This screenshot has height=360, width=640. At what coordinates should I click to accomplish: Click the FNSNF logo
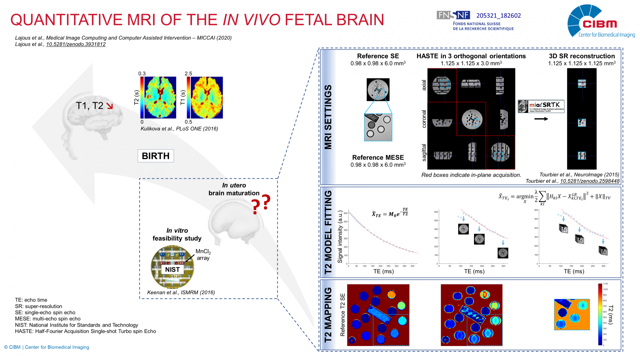[x=453, y=15]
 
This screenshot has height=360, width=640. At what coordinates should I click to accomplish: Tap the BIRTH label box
[x=156, y=156]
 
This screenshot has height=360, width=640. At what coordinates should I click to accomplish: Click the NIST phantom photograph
[x=172, y=267]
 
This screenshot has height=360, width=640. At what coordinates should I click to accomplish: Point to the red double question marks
[x=261, y=204]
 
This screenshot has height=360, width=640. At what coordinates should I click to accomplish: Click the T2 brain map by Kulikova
[x=160, y=98]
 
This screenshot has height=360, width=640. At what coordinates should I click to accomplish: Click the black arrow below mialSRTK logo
[x=541, y=119]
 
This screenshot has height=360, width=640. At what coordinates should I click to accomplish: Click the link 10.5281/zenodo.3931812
[x=76, y=44]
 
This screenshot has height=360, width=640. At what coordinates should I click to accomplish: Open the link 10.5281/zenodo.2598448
[x=590, y=181]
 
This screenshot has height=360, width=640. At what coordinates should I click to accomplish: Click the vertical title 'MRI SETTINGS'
[x=328, y=117]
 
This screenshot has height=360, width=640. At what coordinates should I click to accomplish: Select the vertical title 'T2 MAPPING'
[x=328, y=315]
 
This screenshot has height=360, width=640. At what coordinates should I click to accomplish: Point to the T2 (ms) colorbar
[x=600, y=314]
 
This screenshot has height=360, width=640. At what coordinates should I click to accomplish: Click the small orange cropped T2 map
[x=572, y=314]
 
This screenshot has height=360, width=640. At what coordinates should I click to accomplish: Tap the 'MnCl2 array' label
[x=203, y=255]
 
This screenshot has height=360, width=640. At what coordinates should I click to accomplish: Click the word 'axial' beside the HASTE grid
[x=424, y=85]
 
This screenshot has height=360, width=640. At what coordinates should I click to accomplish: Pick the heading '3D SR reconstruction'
[x=582, y=56]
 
